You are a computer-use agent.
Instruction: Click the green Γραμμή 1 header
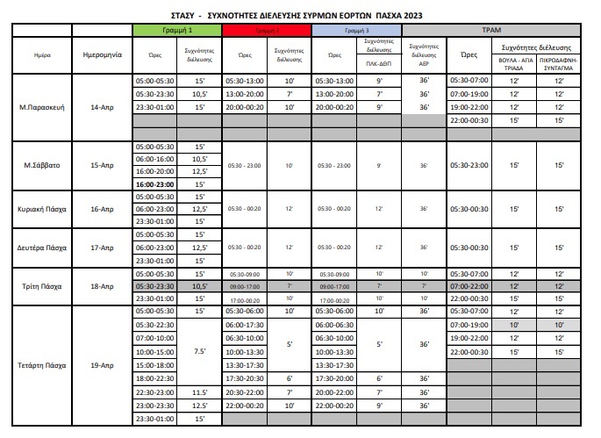[x=177, y=30]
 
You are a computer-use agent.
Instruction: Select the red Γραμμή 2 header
[x=266, y=30]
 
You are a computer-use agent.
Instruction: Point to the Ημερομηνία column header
[x=101, y=54]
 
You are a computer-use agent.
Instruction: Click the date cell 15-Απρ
[x=101, y=164]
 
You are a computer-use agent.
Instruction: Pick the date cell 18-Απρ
[x=101, y=286]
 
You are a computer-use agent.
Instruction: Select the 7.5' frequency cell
[x=199, y=351]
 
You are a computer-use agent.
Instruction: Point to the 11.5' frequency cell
[x=199, y=392]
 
